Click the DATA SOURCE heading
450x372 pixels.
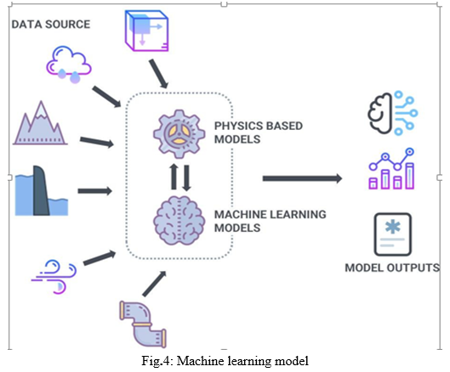click(x=51, y=25)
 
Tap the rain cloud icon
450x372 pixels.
click(x=69, y=65)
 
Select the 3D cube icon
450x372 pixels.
click(x=146, y=31)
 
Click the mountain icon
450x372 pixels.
click(x=40, y=122)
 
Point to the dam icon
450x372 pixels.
click(x=42, y=190)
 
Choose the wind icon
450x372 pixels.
click(x=54, y=277)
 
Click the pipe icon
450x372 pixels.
click(x=143, y=324)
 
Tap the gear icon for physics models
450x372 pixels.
click(x=179, y=134)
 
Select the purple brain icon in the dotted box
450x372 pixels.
click(x=179, y=221)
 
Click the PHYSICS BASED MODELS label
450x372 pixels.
click(x=259, y=132)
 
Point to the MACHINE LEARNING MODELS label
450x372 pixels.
click(x=270, y=221)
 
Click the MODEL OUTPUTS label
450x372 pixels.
click(x=392, y=268)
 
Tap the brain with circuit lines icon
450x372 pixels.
click(x=393, y=113)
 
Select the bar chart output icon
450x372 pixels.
click(x=391, y=168)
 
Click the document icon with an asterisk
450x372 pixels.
click(x=393, y=234)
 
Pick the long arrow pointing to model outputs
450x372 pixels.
click(x=302, y=178)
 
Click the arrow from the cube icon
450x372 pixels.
click(x=158, y=74)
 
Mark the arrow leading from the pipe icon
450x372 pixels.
click(x=155, y=284)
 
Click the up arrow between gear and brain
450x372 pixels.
click(x=174, y=177)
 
